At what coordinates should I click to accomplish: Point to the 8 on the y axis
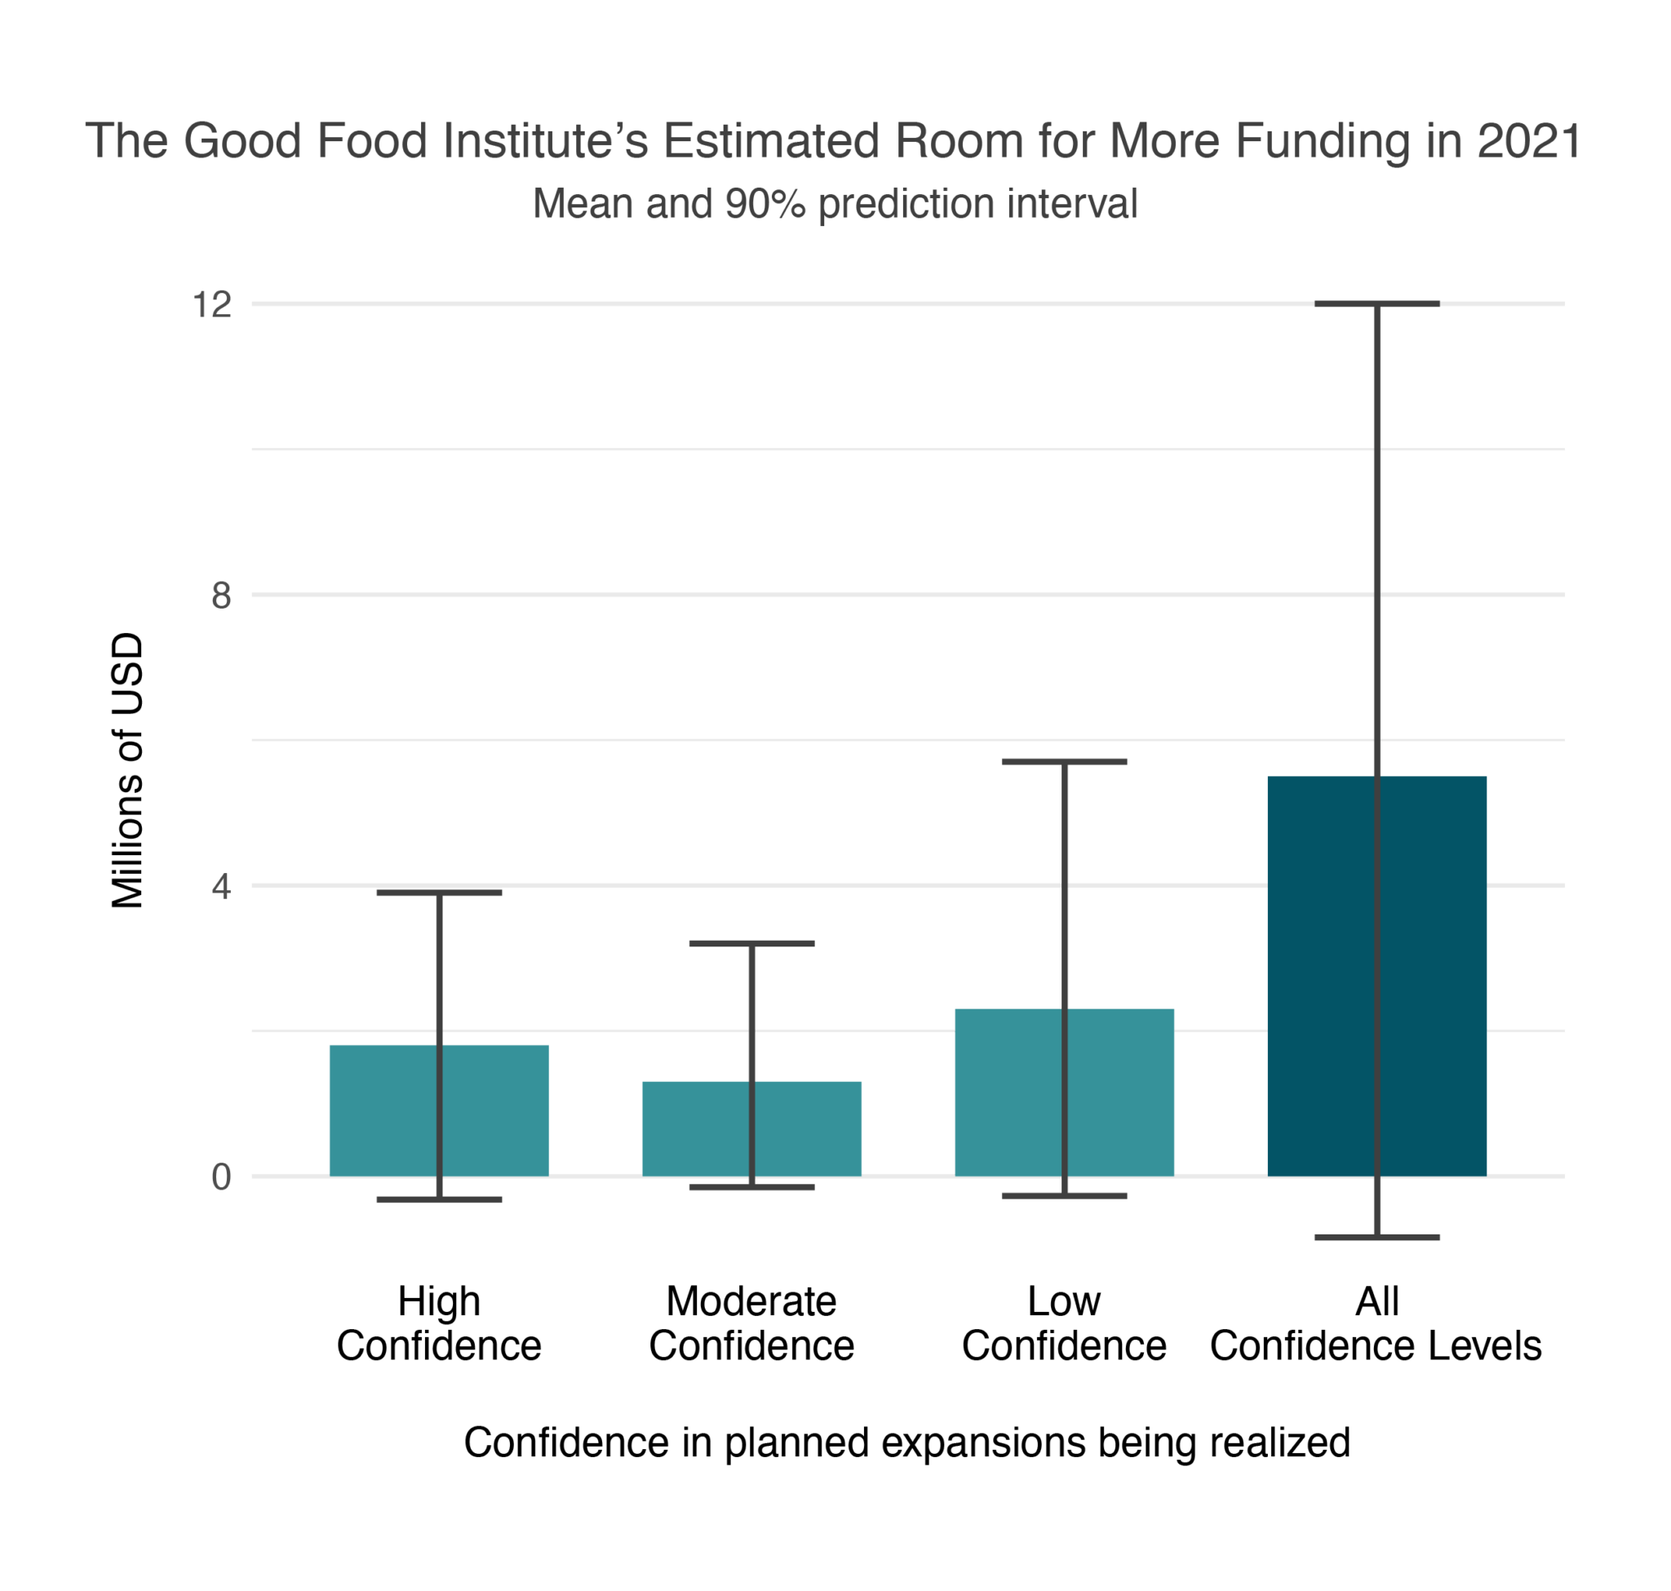pos(220,596)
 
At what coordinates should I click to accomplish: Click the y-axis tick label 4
pos(220,887)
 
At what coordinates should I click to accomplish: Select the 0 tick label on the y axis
pos(220,1177)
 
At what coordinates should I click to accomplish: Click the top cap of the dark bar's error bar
pos(1376,304)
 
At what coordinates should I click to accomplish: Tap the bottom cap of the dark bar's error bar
pos(1376,1239)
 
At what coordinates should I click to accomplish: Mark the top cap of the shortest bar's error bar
pos(751,943)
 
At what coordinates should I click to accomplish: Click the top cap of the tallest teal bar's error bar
pos(1064,761)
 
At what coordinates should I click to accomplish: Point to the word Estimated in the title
pos(771,141)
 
